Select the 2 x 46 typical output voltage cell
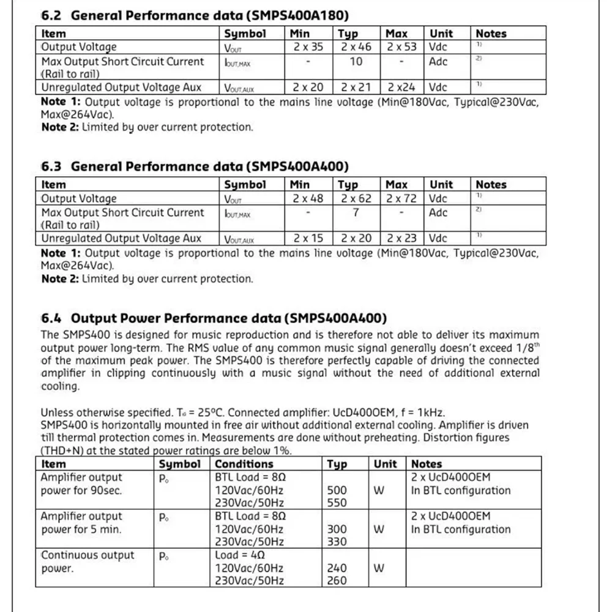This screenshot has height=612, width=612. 357,47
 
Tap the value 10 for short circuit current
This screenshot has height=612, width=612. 356,61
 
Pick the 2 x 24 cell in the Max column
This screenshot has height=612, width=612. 401,88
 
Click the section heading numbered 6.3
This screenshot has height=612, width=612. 194,166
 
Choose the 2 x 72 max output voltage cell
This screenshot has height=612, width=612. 401,198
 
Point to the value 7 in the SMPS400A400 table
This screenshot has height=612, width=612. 356,212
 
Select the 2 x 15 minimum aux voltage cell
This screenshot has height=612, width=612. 308,238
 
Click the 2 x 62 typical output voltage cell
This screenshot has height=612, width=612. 357,198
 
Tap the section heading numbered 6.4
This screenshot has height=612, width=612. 214,318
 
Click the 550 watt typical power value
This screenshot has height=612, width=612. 337,503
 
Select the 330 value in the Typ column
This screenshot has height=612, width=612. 337,542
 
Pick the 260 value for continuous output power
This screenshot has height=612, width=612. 337,581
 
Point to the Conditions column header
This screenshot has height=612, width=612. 239,464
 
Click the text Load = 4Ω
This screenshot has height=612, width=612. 239,555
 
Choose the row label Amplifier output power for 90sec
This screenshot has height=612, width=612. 81,483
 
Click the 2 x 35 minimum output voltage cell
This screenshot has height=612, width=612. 308,47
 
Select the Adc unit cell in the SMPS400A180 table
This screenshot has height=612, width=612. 438,61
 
